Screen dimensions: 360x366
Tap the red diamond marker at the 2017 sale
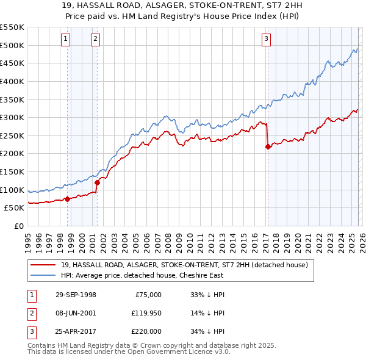pyautogui.click(x=268, y=146)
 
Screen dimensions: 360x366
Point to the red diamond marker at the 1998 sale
pyautogui.click(x=67, y=198)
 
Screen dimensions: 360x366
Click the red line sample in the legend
pyautogui.click(x=43, y=265)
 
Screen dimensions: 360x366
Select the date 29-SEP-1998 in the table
pyautogui.click(x=76, y=295)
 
